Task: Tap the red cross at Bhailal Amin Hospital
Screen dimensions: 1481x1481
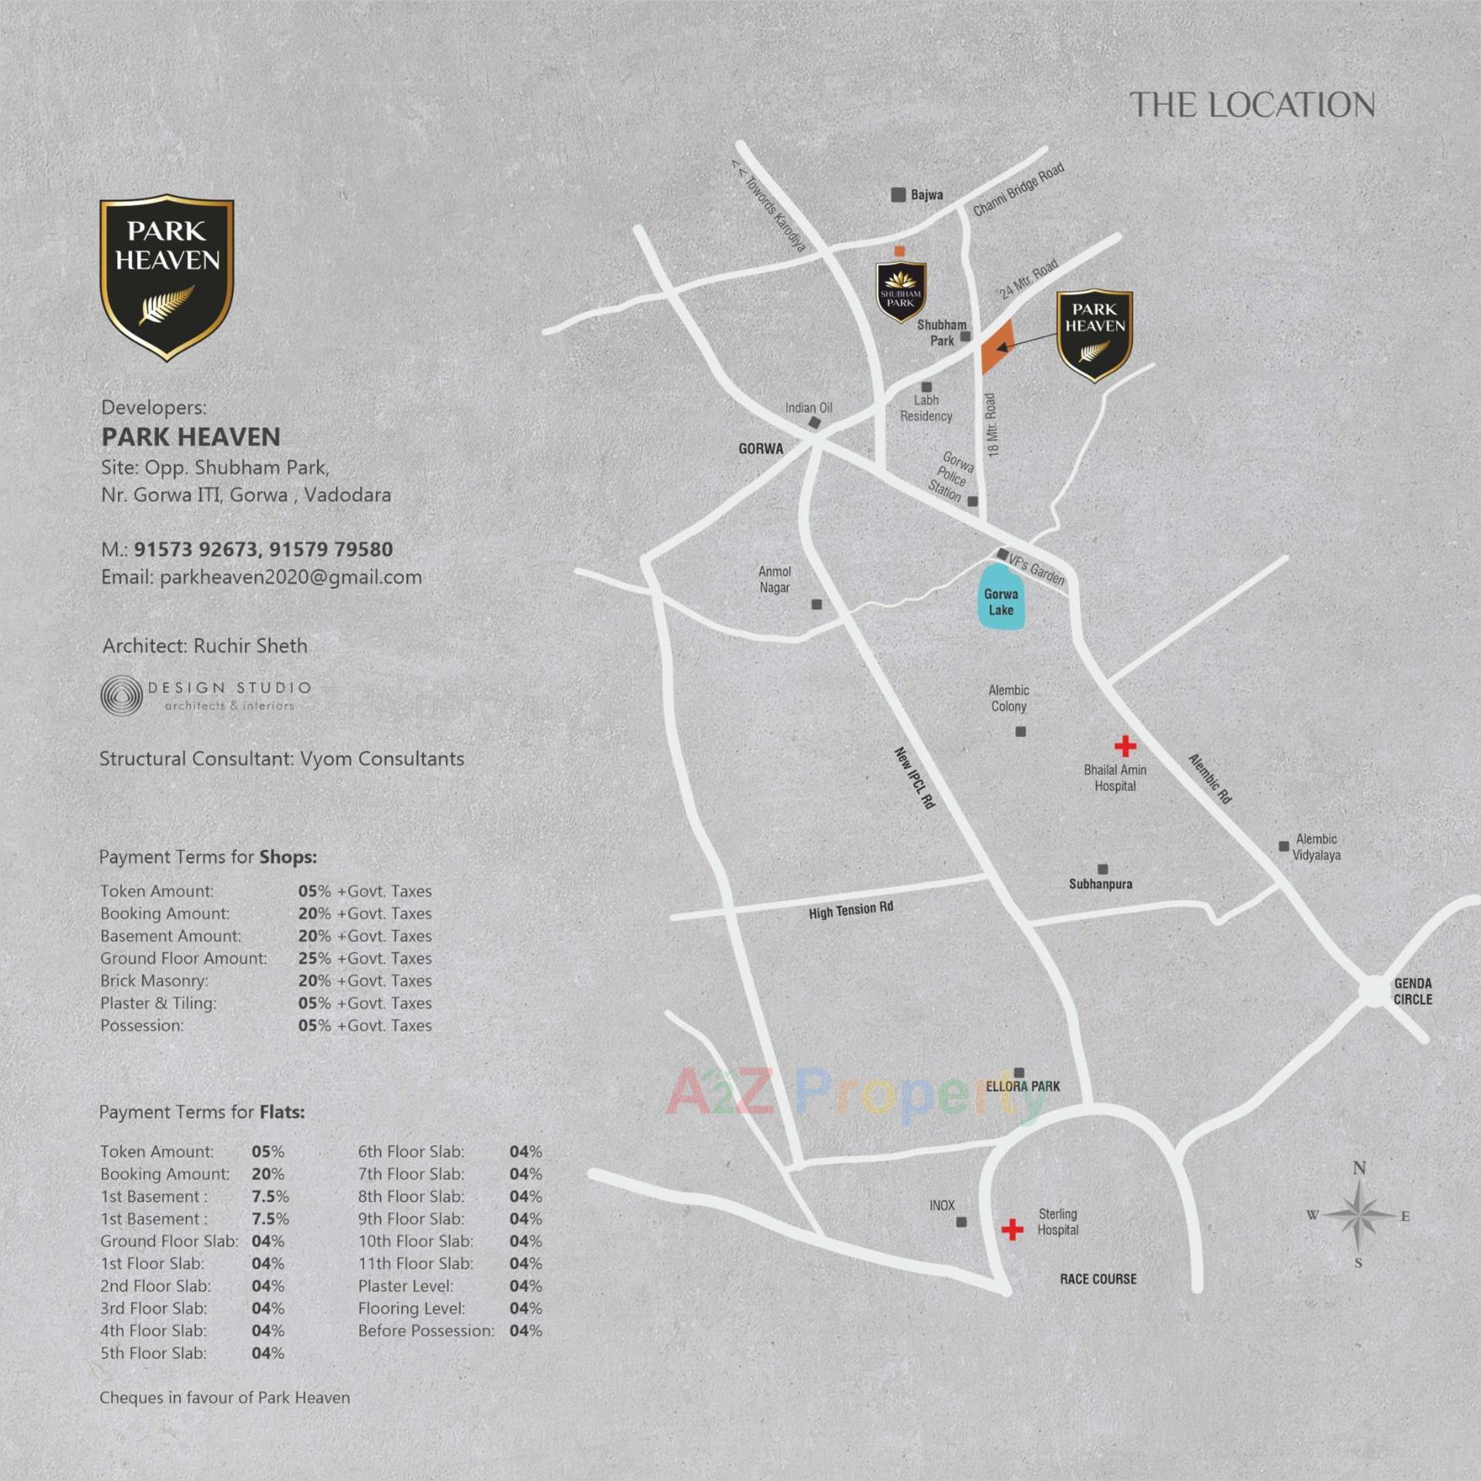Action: click(1125, 745)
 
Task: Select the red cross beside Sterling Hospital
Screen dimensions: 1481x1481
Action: click(1012, 1229)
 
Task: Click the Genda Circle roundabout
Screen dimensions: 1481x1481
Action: click(1375, 991)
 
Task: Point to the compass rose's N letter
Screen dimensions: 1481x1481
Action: click(1359, 1168)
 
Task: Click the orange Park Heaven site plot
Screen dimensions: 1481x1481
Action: click(997, 346)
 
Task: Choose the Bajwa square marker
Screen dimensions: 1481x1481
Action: click(898, 194)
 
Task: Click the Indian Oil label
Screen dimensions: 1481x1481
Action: click(808, 407)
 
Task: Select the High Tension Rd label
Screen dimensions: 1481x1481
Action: click(851, 910)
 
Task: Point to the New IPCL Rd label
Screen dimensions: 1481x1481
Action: click(915, 777)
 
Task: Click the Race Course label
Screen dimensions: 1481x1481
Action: click(1098, 1279)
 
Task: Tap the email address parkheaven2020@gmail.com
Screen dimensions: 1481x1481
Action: click(290, 577)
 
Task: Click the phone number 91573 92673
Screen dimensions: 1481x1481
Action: click(195, 549)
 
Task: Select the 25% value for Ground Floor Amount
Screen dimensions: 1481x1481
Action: click(314, 958)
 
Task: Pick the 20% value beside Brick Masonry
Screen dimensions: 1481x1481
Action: click(314, 980)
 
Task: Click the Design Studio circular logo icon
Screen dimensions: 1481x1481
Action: click(121, 696)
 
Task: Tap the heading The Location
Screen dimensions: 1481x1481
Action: click(1252, 106)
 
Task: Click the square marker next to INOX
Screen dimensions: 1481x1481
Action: click(961, 1222)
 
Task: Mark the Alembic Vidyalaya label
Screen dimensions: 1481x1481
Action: click(1316, 846)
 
